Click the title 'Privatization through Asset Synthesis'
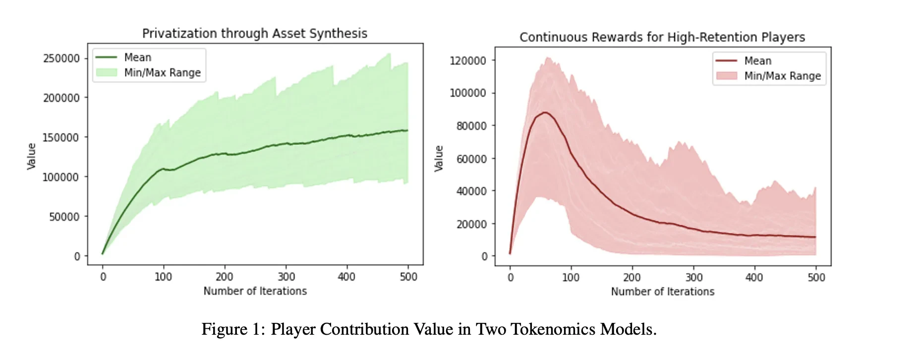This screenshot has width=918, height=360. click(255, 33)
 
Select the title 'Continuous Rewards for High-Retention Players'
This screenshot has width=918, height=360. click(662, 37)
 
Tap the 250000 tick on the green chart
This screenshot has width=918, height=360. click(61, 59)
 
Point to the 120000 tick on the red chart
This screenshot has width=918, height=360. click(468, 61)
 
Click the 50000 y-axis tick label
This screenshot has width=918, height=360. click(64, 217)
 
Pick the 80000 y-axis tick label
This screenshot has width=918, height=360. click(471, 126)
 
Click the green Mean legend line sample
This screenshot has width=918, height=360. click(107, 58)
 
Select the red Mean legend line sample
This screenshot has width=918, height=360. click(726, 61)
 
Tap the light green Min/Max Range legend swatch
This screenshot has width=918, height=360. click(107, 72)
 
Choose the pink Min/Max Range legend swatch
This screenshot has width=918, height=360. click(726, 76)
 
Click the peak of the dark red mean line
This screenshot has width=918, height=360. click(545, 113)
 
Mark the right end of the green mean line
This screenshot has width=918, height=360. click(407, 130)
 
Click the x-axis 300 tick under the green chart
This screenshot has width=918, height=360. click(286, 277)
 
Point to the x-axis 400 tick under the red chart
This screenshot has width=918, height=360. click(754, 277)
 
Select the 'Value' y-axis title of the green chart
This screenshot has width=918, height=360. click(32, 156)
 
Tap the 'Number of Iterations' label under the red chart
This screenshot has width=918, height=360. click(662, 292)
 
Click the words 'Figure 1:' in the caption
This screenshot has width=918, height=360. click(233, 329)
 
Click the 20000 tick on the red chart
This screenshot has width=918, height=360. click(471, 224)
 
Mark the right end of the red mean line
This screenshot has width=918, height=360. click(815, 237)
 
